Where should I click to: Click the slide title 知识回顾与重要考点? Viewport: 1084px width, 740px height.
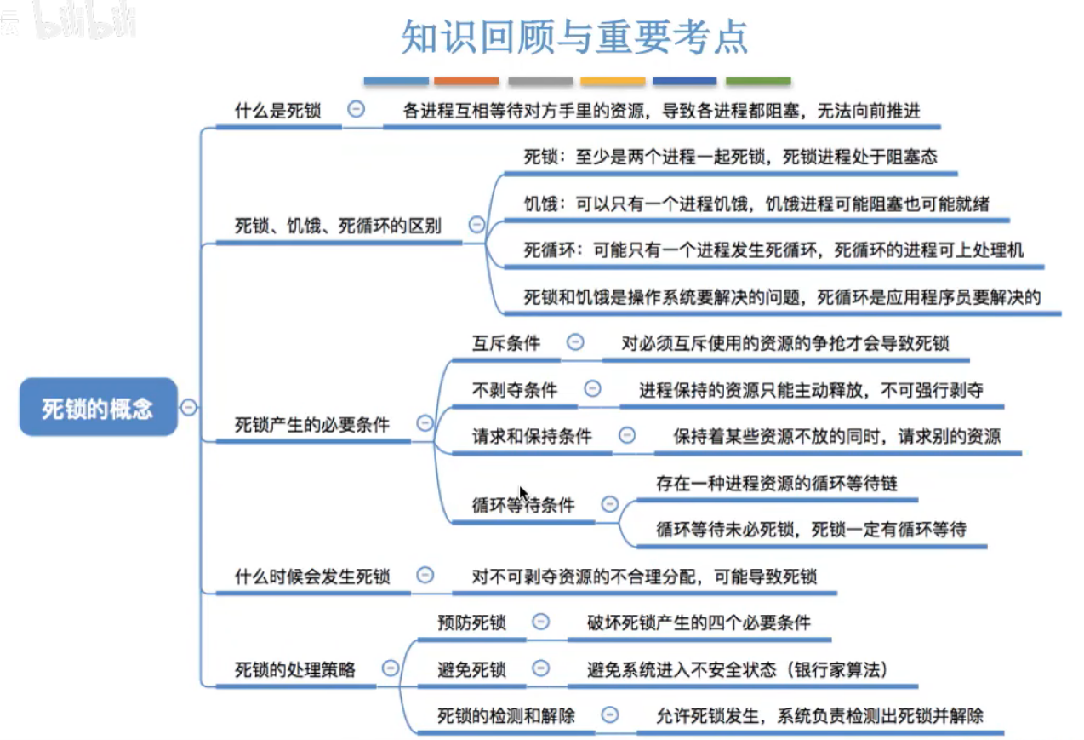(574, 37)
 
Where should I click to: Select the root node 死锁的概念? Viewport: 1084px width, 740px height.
(98, 408)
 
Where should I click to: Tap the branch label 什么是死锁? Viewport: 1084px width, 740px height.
(277, 110)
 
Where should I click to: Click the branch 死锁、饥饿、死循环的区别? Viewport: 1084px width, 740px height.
(338, 226)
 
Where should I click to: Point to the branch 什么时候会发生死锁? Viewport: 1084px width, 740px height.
(311, 577)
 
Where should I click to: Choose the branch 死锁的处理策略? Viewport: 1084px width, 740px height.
(294, 669)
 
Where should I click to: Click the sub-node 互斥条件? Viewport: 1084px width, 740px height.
(506, 343)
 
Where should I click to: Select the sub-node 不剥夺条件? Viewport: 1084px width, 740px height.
(515, 390)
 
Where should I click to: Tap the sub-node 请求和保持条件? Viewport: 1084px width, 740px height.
(532, 436)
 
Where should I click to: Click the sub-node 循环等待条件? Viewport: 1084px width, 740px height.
(523, 505)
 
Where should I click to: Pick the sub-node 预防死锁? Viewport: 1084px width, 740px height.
(471, 622)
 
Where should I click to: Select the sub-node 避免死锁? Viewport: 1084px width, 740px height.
(471, 669)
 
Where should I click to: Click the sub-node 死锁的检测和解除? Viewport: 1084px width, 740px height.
(506, 715)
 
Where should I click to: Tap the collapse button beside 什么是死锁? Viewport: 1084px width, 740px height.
(357, 109)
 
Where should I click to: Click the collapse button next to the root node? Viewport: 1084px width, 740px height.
(189, 408)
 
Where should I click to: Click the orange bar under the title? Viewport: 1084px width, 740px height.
(466, 82)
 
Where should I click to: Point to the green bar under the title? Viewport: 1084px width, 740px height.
(757, 82)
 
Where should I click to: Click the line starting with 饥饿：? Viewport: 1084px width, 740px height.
(756, 204)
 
